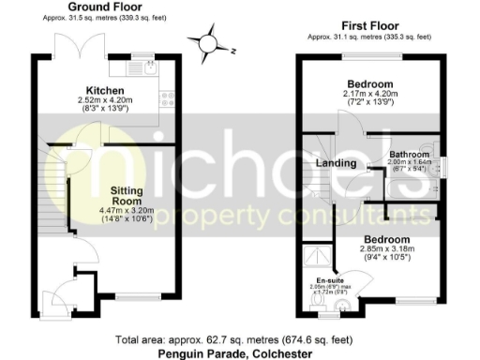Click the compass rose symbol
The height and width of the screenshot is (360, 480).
coord(208,43)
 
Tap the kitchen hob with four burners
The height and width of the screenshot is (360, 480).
coord(167,97)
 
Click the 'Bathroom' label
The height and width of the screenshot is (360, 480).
coord(410,154)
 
